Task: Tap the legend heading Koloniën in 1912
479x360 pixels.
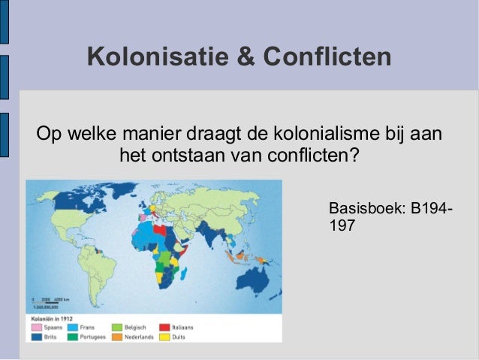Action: (54, 319)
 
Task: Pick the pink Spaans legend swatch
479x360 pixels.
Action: (35, 328)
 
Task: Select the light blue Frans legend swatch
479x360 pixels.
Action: (74, 328)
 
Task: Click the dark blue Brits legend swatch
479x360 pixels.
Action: (35, 337)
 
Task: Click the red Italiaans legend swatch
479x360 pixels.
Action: (164, 328)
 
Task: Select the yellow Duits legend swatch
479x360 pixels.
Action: (164, 337)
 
